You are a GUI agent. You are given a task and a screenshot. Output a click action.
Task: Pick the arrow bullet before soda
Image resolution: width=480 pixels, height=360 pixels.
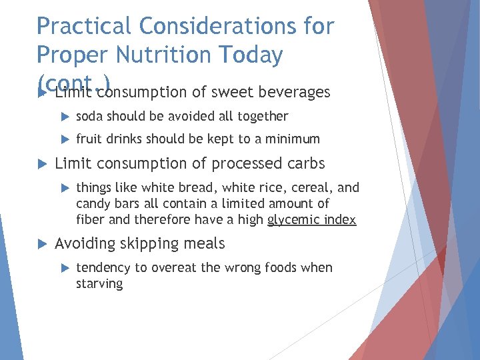(64, 117)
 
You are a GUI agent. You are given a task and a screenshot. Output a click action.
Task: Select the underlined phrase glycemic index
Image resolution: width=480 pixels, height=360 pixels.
(311, 220)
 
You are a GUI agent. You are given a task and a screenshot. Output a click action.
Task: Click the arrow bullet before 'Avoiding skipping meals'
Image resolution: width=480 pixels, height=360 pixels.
(41, 244)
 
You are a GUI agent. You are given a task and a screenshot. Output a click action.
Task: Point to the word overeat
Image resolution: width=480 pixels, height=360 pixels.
(175, 268)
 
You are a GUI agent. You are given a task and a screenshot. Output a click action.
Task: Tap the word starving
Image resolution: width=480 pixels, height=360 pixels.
(99, 284)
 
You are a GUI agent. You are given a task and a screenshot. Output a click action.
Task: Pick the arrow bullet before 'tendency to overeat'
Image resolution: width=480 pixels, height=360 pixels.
(64, 268)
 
